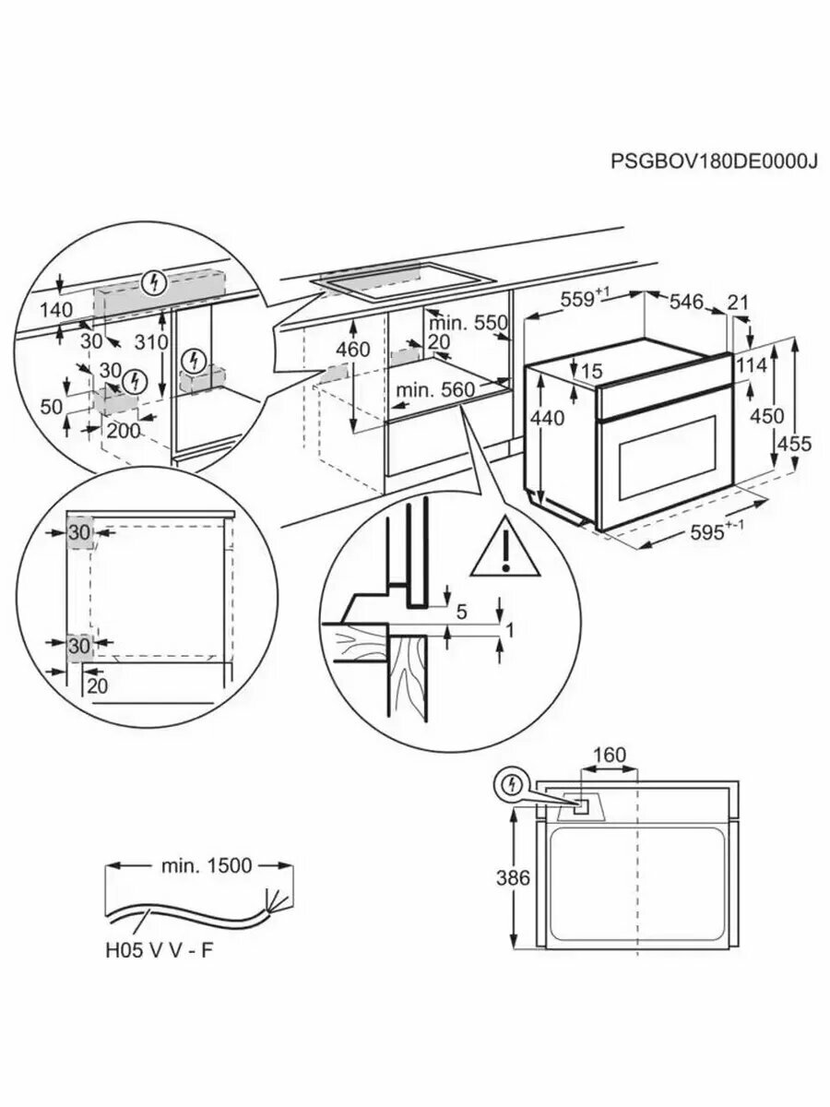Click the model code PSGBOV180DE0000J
(715, 161)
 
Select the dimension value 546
(686, 301)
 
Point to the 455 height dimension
(794, 444)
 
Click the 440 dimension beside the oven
(548, 418)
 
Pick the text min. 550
(468, 323)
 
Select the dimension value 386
(513, 877)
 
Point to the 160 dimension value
(609, 756)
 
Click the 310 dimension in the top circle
(148, 342)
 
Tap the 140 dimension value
(56, 311)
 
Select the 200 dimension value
(122, 431)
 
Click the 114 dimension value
(752, 365)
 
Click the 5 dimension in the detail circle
(461, 611)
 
